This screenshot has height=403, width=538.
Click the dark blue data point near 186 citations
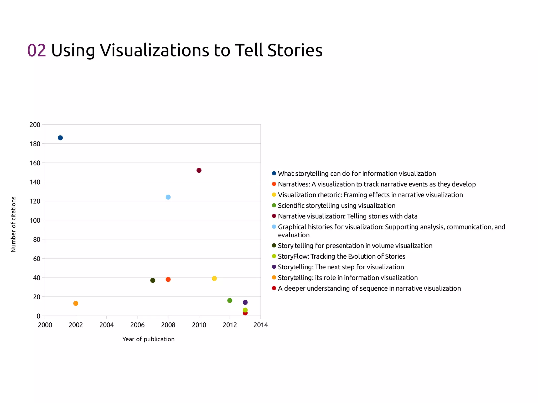(x=60, y=138)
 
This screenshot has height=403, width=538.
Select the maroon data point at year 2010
(x=199, y=170)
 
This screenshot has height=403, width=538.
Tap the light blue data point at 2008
(x=168, y=197)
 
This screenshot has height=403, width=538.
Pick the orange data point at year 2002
(x=76, y=303)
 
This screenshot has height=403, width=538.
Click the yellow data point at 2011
(x=214, y=278)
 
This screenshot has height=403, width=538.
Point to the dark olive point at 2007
(x=153, y=280)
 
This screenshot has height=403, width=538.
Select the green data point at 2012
(x=230, y=300)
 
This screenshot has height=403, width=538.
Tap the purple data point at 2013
(x=245, y=302)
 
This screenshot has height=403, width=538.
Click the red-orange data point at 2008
(x=168, y=279)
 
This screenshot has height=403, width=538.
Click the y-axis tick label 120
(x=35, y=201)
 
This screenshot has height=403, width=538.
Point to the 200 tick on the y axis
(x=35, y=125)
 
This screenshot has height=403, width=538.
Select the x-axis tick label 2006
(x=137, y=325)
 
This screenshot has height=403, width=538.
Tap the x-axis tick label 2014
(x=261, y=325)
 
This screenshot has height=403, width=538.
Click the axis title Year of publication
(x=148, y=339)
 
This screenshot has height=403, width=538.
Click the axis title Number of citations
(x=13, y=224)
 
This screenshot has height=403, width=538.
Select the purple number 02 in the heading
(x=37, y=50)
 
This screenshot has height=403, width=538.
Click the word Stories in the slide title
(x=295, y=50)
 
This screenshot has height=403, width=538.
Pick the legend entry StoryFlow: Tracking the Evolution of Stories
(x=342, y=256)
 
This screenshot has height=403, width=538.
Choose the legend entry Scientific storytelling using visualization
(x=337, y=206)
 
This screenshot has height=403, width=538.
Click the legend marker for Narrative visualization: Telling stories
(x=274, y=216)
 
